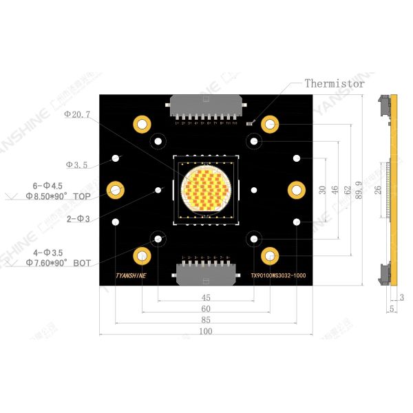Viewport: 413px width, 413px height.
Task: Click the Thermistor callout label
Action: [x=335, y=83]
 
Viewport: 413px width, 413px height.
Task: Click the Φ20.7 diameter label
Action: [x=77, y=114]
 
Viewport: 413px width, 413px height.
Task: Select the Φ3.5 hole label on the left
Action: [x=76, y=165]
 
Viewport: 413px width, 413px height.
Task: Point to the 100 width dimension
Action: [x=205, y=331]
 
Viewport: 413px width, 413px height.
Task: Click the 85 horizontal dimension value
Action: [x=205, y=320]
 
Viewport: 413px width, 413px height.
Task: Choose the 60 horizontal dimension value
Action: [x=205, y=309]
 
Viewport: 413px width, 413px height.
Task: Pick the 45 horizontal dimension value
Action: [x=205, y=297]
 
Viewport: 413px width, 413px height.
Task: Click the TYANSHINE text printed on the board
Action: [x=131, y=277]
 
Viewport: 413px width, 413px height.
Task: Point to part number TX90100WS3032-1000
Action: [x=277, y=277]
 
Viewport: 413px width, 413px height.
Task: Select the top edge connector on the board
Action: [x=205, y=110]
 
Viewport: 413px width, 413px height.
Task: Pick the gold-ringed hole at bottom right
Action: [x=269, y=256]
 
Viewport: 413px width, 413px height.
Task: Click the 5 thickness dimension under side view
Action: [x=391, y=310]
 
